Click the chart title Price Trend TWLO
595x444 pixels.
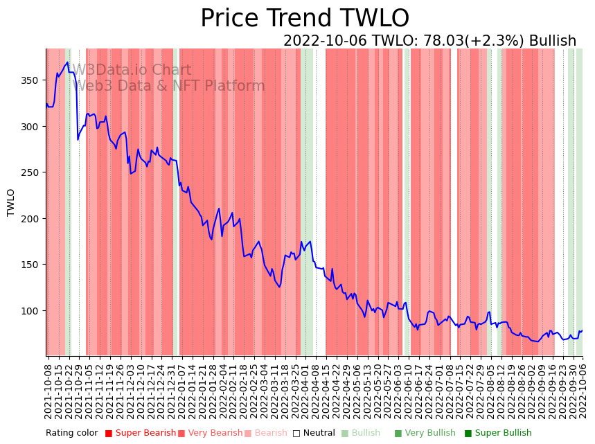(305, 19)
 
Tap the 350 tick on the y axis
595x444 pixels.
(31, 80)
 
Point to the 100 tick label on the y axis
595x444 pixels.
(31, 310)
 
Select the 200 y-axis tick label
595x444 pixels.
(31, 218)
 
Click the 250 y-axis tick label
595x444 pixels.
(31, 172)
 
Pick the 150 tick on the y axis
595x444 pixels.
(31, 265)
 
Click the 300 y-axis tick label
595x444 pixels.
(31, 127)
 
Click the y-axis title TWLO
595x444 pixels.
(11, 202)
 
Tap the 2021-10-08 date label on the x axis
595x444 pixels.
(48, 391)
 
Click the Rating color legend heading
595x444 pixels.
(72, 433)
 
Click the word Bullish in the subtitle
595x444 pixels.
(552, 41)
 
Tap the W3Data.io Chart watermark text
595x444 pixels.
(132, 70)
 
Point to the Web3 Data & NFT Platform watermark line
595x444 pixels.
(169, 86)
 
